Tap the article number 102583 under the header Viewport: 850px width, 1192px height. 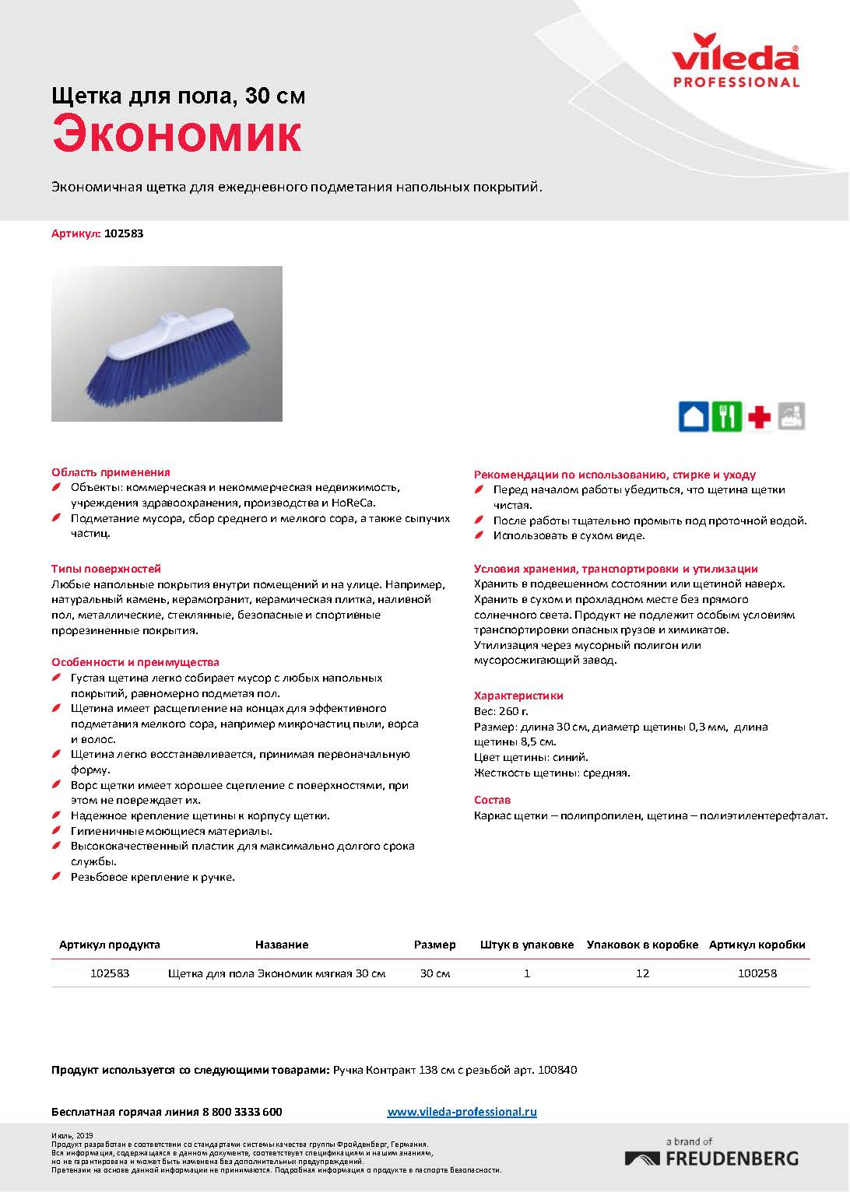point(124,233)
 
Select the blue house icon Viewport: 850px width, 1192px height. point(693,416)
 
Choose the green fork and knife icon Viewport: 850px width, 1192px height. point(727,416)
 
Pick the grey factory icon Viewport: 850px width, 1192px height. point(792,416)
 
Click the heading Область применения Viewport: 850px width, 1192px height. point(111,472)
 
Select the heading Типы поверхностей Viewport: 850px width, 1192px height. point(106,569)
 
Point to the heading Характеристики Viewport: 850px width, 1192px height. point(518,696)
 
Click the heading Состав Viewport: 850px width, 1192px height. point(492,800)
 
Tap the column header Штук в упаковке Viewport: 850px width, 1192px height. point(527,945)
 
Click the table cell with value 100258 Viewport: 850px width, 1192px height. point(757,973)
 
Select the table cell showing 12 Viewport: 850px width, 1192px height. point(642,973)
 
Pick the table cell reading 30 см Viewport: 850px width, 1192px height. point(434,973)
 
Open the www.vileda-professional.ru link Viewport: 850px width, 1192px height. point(462,1112)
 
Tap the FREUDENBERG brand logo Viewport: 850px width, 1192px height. point(711,1157)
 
